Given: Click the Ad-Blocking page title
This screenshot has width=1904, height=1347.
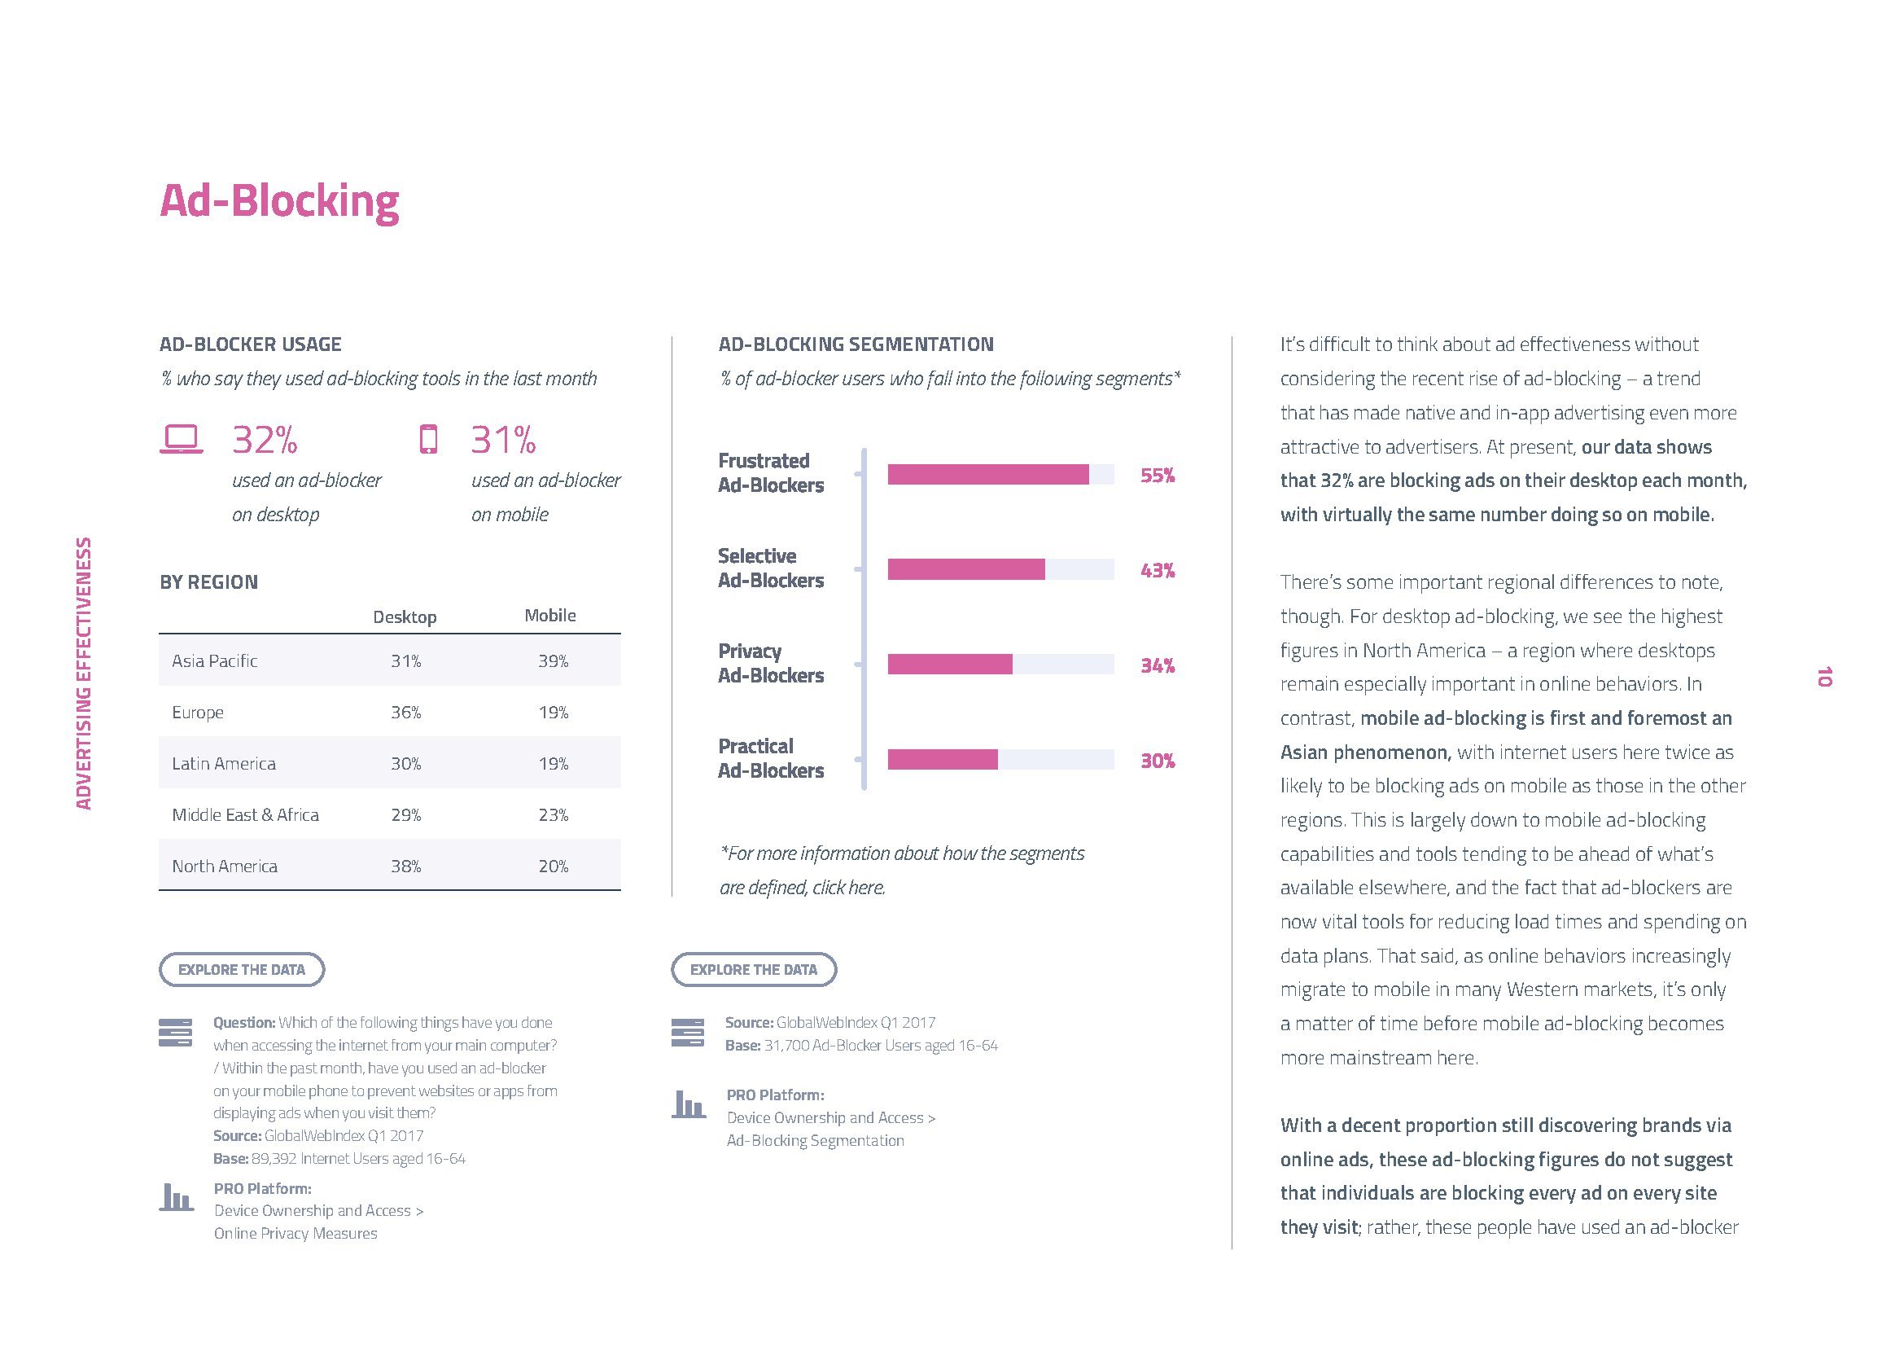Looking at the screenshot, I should coord(279,201).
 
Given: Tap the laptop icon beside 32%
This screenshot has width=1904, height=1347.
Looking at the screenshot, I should coord(181,440).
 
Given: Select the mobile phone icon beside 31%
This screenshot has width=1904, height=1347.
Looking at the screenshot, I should coord(428,440).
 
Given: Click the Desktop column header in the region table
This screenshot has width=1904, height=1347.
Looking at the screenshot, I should coord(405,617).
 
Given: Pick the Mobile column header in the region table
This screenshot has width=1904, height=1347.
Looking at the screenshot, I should coord(549,616).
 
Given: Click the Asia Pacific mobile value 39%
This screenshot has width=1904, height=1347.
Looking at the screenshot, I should coord(553,661).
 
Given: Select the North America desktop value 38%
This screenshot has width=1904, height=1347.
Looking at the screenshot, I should coord(405,867).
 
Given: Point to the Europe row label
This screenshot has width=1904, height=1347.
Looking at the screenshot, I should coord(197,713).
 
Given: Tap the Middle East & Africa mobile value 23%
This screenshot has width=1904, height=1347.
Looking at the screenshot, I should coord(553,815).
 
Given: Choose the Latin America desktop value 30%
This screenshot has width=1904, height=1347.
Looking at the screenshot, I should coord(405,764).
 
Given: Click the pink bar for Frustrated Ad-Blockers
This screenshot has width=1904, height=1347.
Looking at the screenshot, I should coord(987,475).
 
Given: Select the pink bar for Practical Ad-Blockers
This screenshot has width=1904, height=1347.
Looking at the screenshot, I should coord(942,760).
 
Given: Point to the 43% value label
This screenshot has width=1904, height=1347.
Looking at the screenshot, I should coord(1158,571).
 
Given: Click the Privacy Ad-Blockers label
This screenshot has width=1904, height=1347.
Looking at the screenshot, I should coord(770,664).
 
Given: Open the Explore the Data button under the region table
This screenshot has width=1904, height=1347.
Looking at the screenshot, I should coord(241,970).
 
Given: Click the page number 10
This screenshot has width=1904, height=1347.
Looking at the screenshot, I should coord(1823,677).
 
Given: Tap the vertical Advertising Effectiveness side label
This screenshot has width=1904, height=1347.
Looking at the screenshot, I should coord(84,673).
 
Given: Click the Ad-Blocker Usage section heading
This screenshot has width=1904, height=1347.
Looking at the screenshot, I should coord(251,344).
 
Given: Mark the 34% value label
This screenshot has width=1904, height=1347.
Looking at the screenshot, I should coord(1158,666).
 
